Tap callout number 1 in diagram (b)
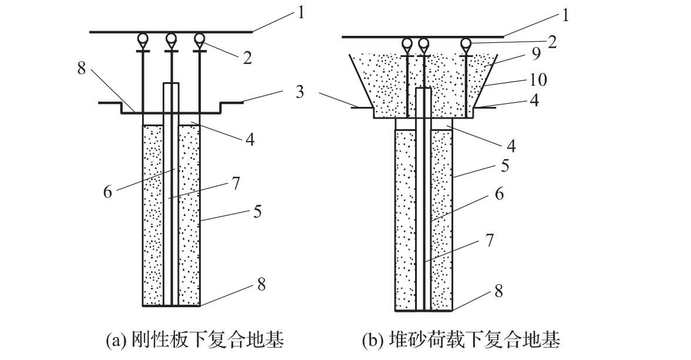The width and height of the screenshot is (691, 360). (565, 16)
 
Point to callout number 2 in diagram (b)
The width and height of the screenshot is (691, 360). (552, 42)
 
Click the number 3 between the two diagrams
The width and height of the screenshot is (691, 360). (300, 92)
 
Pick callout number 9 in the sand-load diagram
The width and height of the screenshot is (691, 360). (536, 54)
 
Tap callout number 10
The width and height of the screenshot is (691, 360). (538, 80)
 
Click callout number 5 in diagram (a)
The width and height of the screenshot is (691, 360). (257, 211)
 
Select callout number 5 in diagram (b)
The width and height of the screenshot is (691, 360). (505, 166)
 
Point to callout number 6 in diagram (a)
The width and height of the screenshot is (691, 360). (107, 192)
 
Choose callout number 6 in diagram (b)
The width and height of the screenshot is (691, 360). (499, 193)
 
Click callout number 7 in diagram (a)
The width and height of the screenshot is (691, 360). (236, 183)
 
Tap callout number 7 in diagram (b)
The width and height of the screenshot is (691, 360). (490, 240)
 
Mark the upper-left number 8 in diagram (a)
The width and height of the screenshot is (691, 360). (82, 68)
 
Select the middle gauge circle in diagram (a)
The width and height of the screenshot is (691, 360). (171, 39)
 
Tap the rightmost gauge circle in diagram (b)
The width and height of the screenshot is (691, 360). (466, 43)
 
